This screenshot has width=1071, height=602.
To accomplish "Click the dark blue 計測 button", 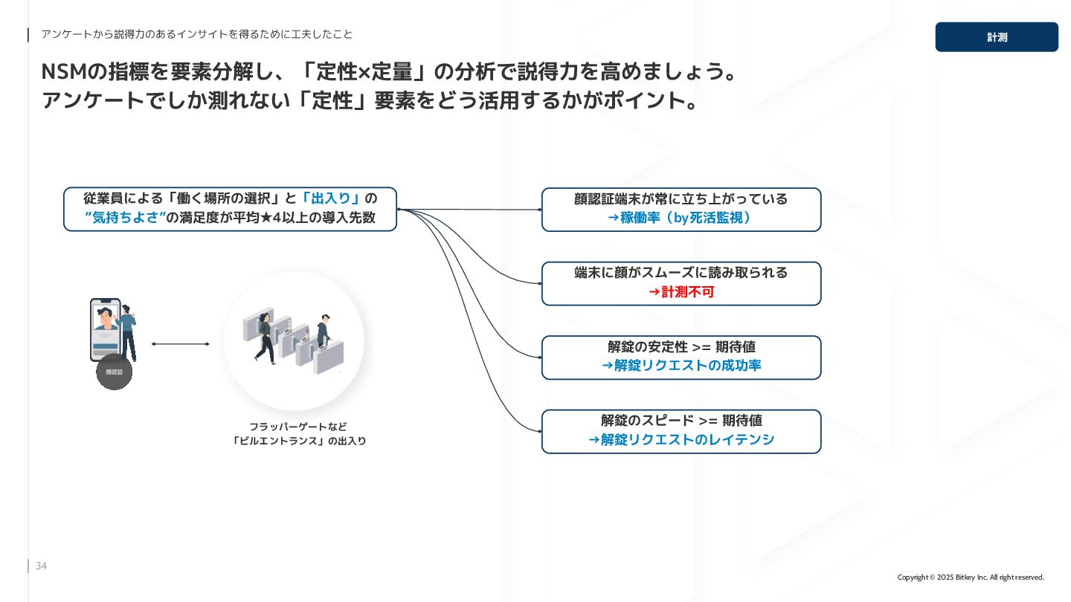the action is [x=996, y=37].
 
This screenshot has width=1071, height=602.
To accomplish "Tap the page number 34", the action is [x=41, y=566].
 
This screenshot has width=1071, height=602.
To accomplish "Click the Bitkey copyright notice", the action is [x=971, y=577].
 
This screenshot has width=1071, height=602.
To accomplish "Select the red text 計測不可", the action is [x=681, y=292].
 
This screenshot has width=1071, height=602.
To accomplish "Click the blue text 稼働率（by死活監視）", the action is [x=681, y=219].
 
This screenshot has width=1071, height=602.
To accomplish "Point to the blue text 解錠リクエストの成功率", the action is [x=681, y=366].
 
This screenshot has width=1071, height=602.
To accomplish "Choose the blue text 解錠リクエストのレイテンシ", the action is [x=681, y=440].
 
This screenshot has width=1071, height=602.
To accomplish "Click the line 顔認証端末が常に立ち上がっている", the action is [x=681, y=199].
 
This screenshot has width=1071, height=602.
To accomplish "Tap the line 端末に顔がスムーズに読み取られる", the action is [x=681, y=273].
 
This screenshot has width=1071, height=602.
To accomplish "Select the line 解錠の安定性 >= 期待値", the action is [x=681, y=347].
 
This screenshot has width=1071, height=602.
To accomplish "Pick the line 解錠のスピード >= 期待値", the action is [x=681, y=421].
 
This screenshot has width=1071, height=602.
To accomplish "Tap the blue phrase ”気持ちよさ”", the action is [x=125, y=219].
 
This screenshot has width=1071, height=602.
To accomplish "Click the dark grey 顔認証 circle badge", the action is [x=114, y=372].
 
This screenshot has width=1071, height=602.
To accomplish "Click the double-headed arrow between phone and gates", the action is [x=181, y=344].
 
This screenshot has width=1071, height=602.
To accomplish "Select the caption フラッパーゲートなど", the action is [x=297, y=427].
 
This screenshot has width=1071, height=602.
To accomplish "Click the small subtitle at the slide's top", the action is [x=197, y=34].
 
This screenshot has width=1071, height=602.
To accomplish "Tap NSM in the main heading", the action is [x=63, y=73].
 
